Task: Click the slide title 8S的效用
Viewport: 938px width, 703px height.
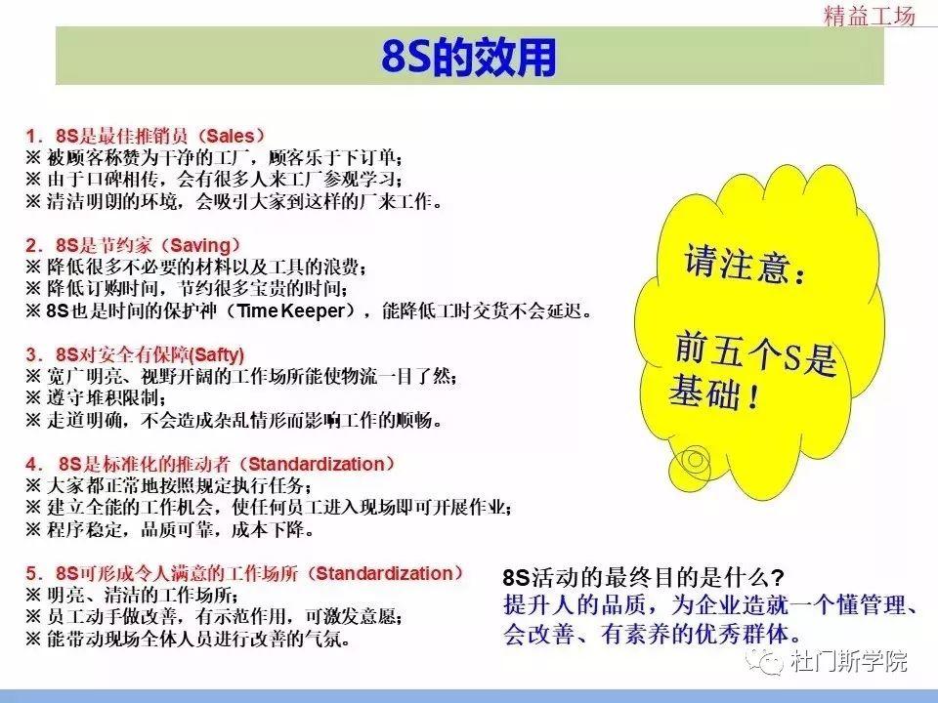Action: pyautogui.click(x=468, y=58)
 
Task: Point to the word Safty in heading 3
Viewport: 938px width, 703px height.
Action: pyautogui.click(x=220, y=353)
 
